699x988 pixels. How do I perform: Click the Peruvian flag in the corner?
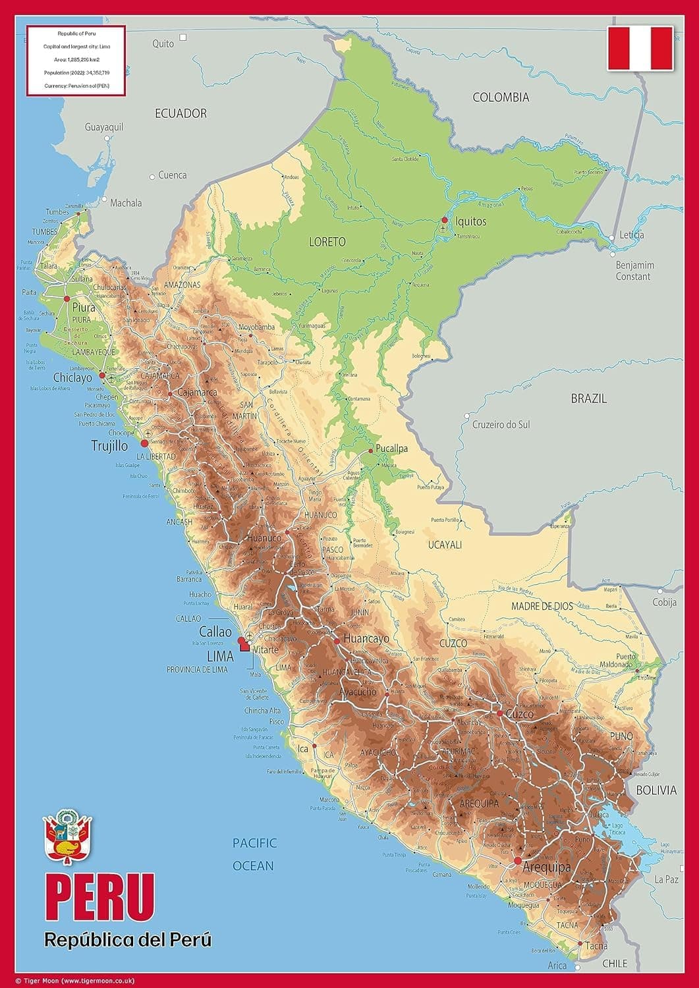(x=640, y=48)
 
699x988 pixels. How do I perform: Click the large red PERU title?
(x=99, y=900)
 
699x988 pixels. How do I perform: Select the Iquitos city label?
(x=470, y=221)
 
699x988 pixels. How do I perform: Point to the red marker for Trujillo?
(x=145, y=443)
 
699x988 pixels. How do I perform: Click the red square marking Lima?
(x=245, y=646)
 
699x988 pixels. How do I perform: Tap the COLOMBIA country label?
(x=501, y=97)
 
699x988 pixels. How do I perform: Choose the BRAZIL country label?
(x=588, y=398)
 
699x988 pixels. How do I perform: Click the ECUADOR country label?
(x=181, y=113)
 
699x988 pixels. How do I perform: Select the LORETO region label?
(x=327, y=242)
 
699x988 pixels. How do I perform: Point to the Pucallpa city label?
(x=391, y=449)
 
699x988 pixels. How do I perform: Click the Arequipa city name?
(x=546, y=867)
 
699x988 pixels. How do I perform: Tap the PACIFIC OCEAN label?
(x=254, y=854)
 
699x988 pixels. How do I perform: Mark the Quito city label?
(x=163, y=43)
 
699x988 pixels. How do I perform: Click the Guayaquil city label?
(x=104, y=127)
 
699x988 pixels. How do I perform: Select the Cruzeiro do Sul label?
(x=501, y=425)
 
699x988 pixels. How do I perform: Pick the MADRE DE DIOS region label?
(x=542, y=607)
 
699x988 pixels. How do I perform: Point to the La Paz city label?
(x=666, y=879)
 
